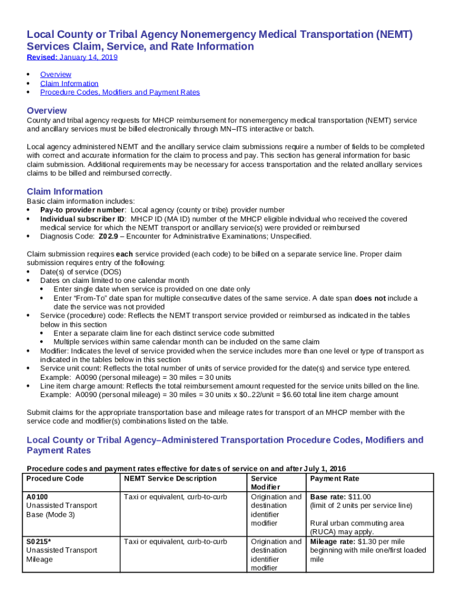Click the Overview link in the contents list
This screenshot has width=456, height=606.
[x=56, y=75]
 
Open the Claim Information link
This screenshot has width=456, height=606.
[x=69, y=83]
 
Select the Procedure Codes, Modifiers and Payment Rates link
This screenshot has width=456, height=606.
[x=120, y=92]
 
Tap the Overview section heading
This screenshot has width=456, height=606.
[x=47, y=111]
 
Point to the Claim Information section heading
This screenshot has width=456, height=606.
[x=65, y=192]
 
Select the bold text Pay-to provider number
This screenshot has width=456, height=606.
[x=82, y=210]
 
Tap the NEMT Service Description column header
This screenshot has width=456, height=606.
[x=170, y=479]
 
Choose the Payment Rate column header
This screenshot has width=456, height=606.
[x=335, y=479]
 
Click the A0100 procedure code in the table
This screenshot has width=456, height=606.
[x=37, y=497]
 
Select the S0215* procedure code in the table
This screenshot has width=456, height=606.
[x=39, y=541]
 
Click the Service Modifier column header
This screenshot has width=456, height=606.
[x=264, y=483]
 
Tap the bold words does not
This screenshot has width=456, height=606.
[x=370, y=298]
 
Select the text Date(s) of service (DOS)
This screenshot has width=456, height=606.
[x=81, y=272]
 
